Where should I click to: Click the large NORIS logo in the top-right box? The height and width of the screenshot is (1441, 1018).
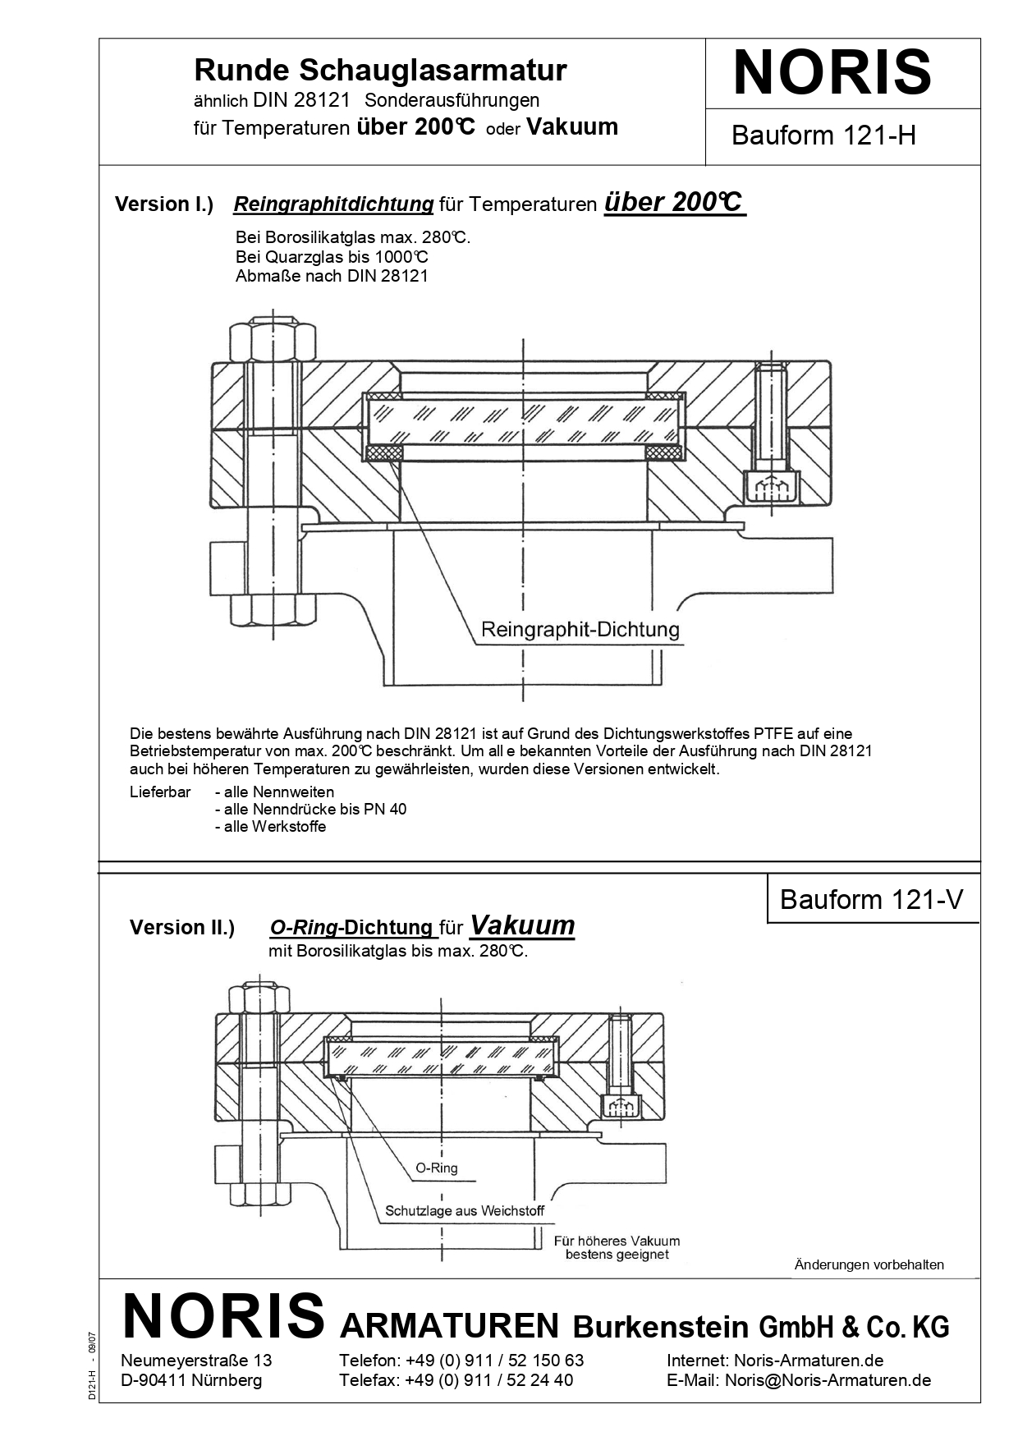832,73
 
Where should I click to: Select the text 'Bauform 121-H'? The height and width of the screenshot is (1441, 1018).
823,135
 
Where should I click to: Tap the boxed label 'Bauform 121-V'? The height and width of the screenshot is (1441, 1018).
871,900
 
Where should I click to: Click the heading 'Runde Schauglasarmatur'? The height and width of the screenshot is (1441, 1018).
380,71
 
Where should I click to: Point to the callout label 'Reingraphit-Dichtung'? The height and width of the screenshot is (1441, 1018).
580,630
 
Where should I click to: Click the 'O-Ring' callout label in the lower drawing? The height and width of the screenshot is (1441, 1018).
437,1168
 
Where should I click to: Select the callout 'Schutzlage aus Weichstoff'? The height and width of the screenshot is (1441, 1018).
465,1211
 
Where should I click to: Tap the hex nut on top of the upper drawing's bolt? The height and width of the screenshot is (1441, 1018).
272,340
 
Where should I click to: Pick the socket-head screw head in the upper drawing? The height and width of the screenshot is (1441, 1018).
771,487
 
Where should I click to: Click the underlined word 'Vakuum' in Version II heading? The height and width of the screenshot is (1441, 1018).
522,925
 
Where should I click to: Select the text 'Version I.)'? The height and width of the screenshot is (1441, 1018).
164,204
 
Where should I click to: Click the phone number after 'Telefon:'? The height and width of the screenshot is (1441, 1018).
494,1361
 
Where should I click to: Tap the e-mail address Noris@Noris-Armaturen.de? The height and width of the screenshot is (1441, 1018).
828,1380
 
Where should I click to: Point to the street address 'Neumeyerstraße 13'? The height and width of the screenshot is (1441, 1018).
196,1361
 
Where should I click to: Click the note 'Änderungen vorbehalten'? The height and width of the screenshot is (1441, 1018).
869,1264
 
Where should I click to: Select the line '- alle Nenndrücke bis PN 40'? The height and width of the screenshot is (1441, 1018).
310,809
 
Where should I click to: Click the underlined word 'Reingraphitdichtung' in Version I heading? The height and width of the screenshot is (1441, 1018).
333,204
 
